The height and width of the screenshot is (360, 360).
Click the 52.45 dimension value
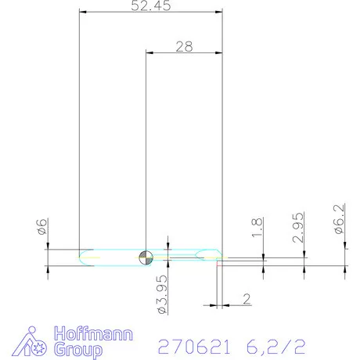coord(153,5)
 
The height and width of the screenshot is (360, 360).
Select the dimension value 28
coord(184,46)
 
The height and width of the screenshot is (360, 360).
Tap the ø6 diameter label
coord(43,229)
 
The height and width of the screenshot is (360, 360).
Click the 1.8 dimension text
coord(257,229)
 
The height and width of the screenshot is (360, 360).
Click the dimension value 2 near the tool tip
coord(246,298)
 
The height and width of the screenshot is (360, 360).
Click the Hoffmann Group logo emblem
coord(34,342)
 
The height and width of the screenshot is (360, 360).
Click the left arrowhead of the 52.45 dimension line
coord(83,13)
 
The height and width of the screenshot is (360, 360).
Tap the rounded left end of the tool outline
coord(81,256)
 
